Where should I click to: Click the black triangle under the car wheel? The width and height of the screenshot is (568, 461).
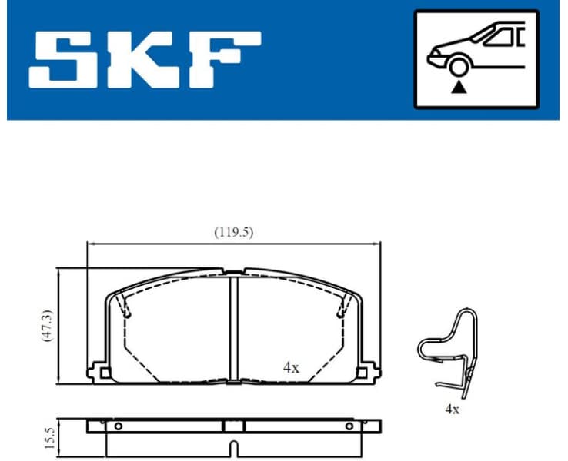pos(459,88)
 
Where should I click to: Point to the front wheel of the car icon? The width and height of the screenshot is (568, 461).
pos(459,68)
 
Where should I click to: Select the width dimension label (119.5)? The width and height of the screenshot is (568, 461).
pos(233,232)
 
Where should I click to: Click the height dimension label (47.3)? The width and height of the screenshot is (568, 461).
pos(48,326)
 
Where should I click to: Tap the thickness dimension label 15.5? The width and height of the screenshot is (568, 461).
pos(48,438)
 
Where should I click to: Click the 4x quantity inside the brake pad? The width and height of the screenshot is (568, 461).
pos(290,367)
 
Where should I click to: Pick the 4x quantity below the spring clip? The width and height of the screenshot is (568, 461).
pos(452,410)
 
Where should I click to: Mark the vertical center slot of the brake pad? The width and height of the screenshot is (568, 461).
pos(235,327)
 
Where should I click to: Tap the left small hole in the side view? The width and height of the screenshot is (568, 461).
pos(118,426)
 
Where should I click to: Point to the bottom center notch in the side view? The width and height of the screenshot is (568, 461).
pos(234,448)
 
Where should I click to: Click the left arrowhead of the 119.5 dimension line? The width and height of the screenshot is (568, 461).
pos(89,244)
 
